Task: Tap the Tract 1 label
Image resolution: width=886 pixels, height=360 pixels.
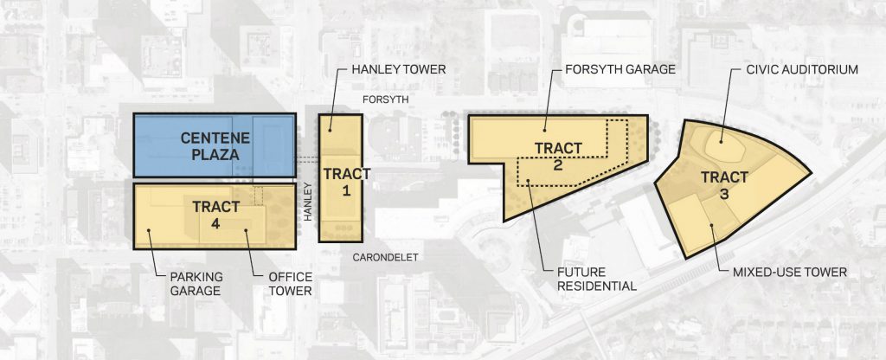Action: click(x=346, y=182)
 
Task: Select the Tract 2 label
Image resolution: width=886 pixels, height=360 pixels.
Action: click(x=558, y=157)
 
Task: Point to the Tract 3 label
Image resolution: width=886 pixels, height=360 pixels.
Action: click(x=724, y=186)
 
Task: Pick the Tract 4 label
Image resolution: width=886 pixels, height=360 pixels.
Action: click(x=215, y=215)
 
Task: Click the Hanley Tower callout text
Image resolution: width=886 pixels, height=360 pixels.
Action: click(x=399, y=69)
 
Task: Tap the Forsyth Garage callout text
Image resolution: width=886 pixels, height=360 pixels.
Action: click(x=620, y=69)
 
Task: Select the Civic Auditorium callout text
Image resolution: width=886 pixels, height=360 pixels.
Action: click(x=802, y=69)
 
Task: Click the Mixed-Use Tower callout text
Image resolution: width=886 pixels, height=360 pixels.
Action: click(x=789, y=273)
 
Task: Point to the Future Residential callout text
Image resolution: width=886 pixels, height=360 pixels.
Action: click(x=597, y=280)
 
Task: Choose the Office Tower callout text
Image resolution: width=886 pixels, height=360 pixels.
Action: click(x=291, y=284)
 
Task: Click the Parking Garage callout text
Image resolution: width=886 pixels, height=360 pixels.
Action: click(x=196, y=284)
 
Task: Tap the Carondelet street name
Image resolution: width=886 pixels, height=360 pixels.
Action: click(x=385, y=258)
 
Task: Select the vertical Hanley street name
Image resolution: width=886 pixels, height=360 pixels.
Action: click(x=308, y=201)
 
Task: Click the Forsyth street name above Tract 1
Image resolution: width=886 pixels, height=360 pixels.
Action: click(x=385, y=100)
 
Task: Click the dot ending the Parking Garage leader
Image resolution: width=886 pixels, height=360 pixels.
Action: click(x=149, y=230)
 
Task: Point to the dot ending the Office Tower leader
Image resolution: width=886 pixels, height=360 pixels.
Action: click(x=246, y=230)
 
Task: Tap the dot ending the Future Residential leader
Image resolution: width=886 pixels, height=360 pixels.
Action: click(x=527, y=182)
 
